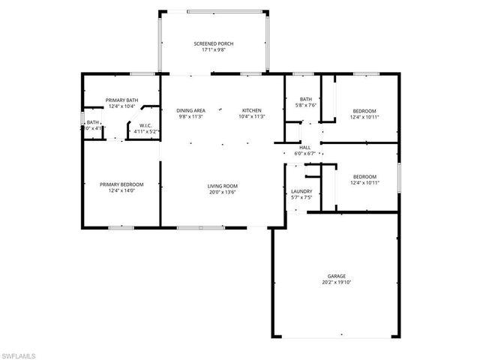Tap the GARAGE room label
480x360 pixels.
336,276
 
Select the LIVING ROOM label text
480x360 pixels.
223,185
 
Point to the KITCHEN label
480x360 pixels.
251,110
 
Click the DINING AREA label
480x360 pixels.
190,110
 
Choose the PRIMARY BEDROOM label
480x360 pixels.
121,184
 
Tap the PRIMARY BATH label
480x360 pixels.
121,100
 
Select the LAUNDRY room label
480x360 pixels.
301,193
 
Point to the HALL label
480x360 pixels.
305,148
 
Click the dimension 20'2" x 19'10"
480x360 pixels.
336,283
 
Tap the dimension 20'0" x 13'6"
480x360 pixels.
223,192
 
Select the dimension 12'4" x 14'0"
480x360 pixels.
121,191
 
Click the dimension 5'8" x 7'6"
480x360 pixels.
305,106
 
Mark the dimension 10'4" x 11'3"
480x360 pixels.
251,117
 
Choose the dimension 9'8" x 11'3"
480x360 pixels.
190,117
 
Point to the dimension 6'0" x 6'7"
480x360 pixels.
305,154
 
